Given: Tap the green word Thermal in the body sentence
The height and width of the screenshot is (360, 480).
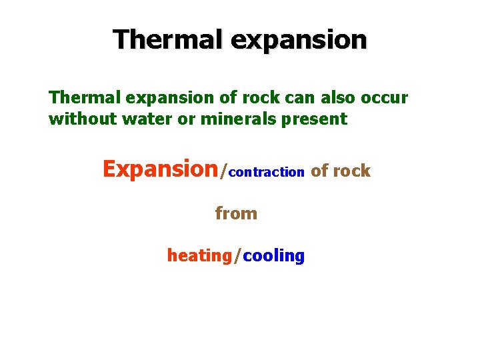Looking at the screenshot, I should tap(79, 97).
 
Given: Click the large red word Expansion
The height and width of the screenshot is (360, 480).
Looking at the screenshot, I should tap(160, 170).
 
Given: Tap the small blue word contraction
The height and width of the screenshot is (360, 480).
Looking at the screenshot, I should tap(267, 172).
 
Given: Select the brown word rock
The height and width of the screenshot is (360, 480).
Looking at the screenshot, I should tap(351, 171).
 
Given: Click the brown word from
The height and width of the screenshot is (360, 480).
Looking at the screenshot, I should tap(236, 213).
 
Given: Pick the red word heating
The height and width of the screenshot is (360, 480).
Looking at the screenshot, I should tap(199, 256).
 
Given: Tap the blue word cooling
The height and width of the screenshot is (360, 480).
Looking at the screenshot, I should tap(273, 256).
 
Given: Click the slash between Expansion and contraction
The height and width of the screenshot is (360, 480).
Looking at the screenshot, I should tap(224, 171).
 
